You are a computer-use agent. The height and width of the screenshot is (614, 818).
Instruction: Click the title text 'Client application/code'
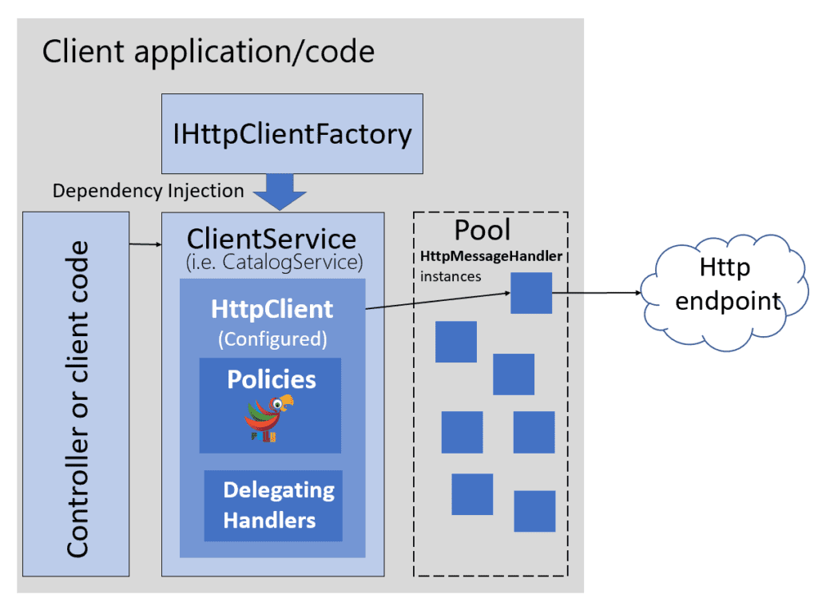tap(208, 52)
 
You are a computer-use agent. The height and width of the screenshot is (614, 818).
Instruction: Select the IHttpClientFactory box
tap(292, 133)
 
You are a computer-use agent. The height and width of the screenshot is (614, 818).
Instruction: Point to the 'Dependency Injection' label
tap(148, 191)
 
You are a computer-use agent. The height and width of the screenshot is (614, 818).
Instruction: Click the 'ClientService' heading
tap(272, 239)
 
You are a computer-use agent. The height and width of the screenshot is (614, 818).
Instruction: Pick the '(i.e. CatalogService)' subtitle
tap(272, 261)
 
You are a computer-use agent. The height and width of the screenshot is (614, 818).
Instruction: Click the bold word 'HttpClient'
tap(272, 309)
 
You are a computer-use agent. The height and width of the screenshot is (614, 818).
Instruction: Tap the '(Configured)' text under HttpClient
tap(272, 339)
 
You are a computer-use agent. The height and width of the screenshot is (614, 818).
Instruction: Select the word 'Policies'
tap(272, 379)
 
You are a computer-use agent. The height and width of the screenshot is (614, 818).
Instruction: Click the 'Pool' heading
tap(482, 230)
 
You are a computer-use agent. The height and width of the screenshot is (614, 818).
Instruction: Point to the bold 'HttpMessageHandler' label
tap(491, 256)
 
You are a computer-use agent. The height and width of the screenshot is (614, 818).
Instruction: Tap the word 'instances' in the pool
tap(451, 276)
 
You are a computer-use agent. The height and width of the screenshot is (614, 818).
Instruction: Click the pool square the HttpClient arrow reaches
tap(531, 293)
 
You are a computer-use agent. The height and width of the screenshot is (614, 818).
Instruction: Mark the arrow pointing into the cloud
tap(599, 293)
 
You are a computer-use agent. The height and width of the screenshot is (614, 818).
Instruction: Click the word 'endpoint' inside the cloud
tap(727, 302)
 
